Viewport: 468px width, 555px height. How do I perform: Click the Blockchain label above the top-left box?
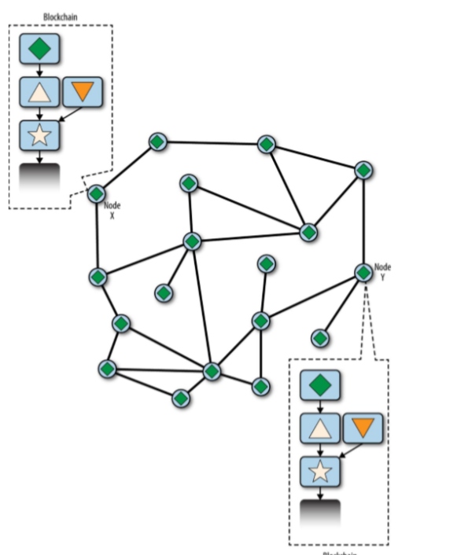61,16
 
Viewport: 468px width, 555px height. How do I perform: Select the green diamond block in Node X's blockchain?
39,49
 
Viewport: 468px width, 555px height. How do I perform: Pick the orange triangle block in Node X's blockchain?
81,93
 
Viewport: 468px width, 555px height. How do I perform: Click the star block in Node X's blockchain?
39,135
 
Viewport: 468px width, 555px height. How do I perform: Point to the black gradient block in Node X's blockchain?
39,176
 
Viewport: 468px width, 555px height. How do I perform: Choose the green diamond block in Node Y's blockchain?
320,385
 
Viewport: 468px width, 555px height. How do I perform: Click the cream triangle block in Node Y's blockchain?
320,428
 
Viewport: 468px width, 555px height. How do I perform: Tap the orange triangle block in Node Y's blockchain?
363,428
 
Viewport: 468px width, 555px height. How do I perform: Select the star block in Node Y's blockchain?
320,472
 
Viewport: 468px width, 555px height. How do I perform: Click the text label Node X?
112,210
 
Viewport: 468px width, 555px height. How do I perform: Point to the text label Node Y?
382,272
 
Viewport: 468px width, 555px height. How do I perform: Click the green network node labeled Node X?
97,193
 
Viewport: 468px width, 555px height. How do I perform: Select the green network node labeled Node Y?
363,272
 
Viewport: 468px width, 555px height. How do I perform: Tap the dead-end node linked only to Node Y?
319,338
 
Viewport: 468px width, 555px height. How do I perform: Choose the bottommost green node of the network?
181,398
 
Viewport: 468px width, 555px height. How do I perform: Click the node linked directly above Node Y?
363,170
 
